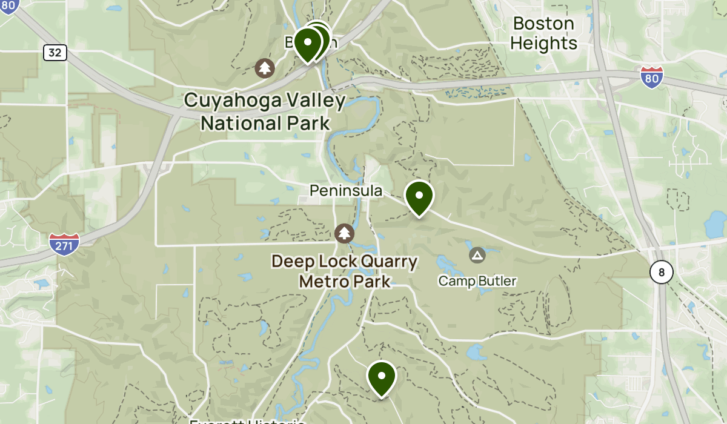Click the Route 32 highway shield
click(55, 53)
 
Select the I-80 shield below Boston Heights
click(651, 76)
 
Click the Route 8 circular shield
click(661, 273)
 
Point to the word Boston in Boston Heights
click(543, 24)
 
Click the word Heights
click(543, 44)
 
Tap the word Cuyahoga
click(233, 101)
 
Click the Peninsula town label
click(346, 191)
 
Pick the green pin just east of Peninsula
click(419, 196)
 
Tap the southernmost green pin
click(382, 377)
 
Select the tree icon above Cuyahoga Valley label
click(264, 68)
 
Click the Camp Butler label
click(477, 281)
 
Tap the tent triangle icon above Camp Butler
click(477, 255)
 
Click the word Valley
click(316, 101)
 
